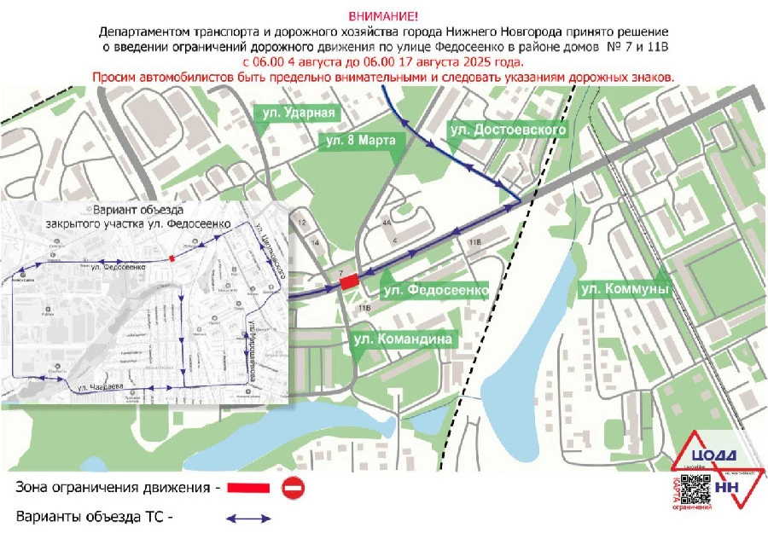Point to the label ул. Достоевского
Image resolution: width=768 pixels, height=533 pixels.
click(508, 128)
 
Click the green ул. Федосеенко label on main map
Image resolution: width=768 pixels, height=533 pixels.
click(435, 291)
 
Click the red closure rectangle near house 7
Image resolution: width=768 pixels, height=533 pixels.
click(348, 282)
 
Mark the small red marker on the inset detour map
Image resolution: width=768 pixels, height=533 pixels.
click(172, 257)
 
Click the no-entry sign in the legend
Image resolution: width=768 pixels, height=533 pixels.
click(293, 488)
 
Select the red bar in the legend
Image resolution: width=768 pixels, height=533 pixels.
click(249, 488)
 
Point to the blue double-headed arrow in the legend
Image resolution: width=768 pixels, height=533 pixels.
click(247, 517)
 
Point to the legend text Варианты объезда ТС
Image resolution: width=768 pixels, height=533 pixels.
click(94, 517)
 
